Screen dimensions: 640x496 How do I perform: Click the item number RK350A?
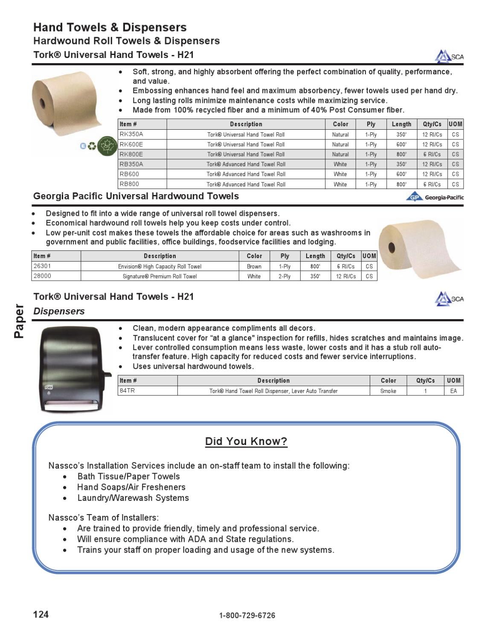coord(131,134)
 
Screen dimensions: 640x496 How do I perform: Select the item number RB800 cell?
coord(129,184)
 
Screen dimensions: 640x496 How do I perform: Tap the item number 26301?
coord(42,266)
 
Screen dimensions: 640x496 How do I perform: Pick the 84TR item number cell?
coord(127,391)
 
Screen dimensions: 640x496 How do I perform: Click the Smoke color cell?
coord(388,391)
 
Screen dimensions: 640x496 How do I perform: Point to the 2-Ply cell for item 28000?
coord(284,276)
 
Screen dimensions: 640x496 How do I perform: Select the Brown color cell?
coord(254,266)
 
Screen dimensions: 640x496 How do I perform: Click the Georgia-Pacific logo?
coord(435,197)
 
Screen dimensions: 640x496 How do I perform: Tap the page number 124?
coord(41,614)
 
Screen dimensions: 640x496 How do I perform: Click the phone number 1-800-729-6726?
coord(247,615)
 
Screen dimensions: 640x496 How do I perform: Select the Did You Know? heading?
coord(246,441)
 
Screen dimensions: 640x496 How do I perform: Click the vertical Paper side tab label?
coord(19,321)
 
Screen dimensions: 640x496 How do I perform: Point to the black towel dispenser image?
coord(73,369)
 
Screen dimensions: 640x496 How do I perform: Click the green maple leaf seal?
coord(107,146)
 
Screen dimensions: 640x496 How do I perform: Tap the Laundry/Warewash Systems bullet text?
coord(133,498)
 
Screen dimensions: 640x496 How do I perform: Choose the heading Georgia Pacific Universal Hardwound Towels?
coord(136,196)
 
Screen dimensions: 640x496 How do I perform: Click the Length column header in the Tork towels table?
coord(401,124)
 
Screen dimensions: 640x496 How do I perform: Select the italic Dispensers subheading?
coord(59,311)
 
